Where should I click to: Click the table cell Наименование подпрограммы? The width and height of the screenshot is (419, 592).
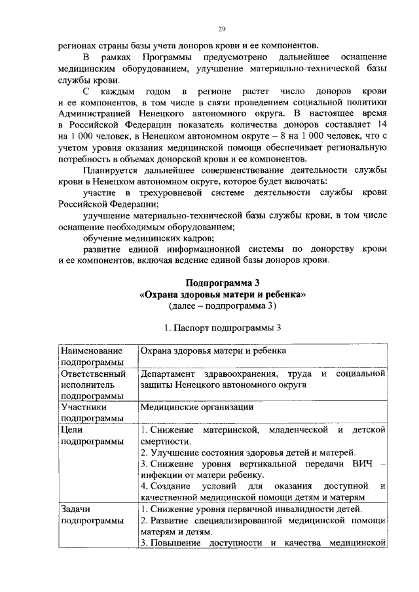pyautogui.click(x=93, y=357)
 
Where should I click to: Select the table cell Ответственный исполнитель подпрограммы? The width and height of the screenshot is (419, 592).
pyautogui.click(x=93, y=385)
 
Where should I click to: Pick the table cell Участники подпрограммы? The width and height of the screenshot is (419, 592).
pyautogui.click(x=92, y=412)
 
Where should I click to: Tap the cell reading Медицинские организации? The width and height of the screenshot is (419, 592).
pyautogui.click(x=188, y=407)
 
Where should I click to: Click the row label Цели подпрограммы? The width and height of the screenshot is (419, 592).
pyautogui.click(x=92, y=435)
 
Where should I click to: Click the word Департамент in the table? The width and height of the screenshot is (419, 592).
pyautogui.click(x=171, y=374)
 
